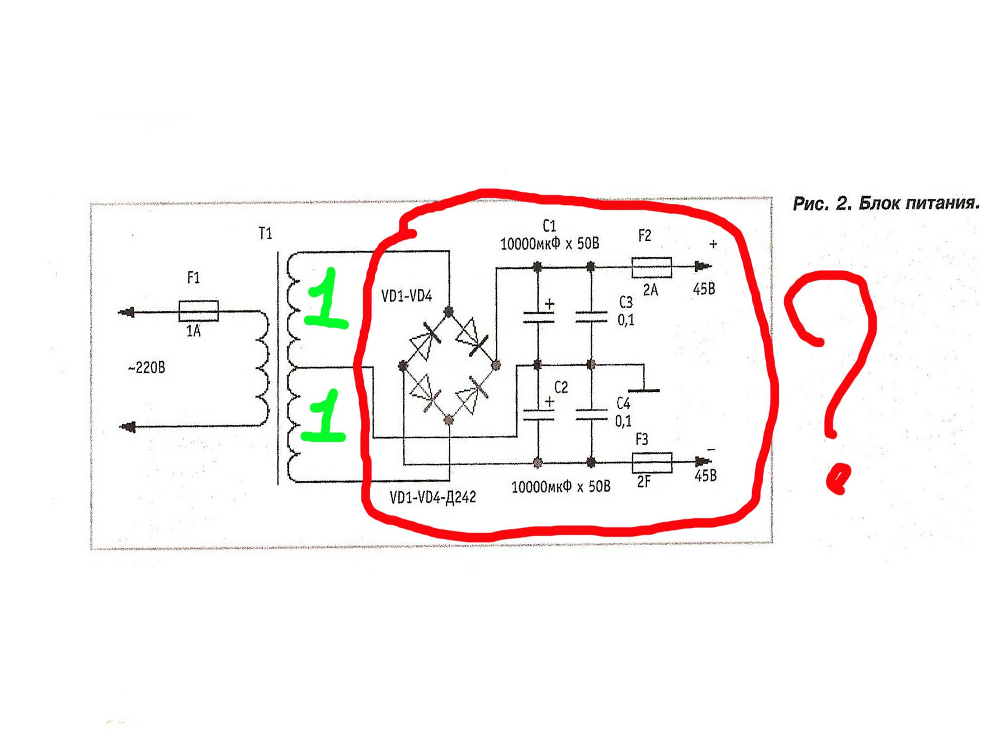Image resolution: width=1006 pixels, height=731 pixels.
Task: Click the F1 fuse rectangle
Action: pyautogui.click(x=198, y=311)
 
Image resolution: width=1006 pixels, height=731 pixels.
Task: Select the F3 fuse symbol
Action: pyautogui.click(x=651, y=463)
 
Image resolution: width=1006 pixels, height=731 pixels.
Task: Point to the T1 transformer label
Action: pyautogui.click(x=265, y=233)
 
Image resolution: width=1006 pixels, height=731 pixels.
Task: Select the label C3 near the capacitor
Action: pyautogui.click(x=626, y=302)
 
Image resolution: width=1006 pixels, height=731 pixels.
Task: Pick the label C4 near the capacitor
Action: pyautogui.click(x=623, y=403)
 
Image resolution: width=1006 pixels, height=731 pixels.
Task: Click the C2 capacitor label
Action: pyautogui.click(x=561, y=387)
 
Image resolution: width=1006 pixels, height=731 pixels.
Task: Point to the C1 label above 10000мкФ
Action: pyautogui.click(x=549, y=227)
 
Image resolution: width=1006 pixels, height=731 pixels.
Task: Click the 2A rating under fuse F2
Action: pyautogui.click(x=650, y=290)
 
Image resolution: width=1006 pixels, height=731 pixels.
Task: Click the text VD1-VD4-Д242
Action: pyautogui.click(x=432, y=498)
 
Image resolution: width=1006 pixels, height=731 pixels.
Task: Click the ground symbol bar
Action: pyautogui.click(x=644, y=390)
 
